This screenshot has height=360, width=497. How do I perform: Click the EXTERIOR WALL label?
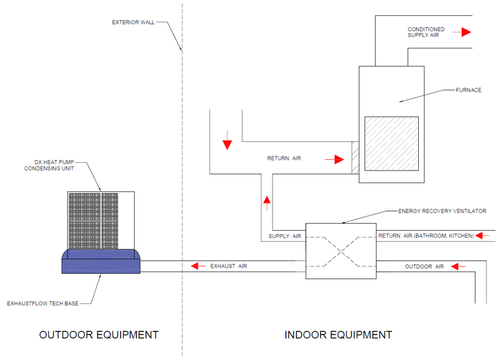[133, 22]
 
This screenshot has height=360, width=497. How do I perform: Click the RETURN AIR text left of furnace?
[283, 158]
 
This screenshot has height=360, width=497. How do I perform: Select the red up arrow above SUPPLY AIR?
[267, 203]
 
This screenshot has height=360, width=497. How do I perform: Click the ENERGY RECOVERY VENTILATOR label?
[442, 211]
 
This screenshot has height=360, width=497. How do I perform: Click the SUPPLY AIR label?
[284, 236]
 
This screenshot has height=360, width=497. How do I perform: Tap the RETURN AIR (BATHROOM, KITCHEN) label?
[426, 236]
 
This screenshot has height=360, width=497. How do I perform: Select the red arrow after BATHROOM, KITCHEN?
[484, 236]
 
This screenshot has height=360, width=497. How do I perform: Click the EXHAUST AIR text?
[228, 266]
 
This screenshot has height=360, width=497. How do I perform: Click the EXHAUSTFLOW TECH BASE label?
[43, 303]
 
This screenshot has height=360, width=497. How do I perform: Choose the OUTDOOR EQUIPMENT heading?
[99, 335]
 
